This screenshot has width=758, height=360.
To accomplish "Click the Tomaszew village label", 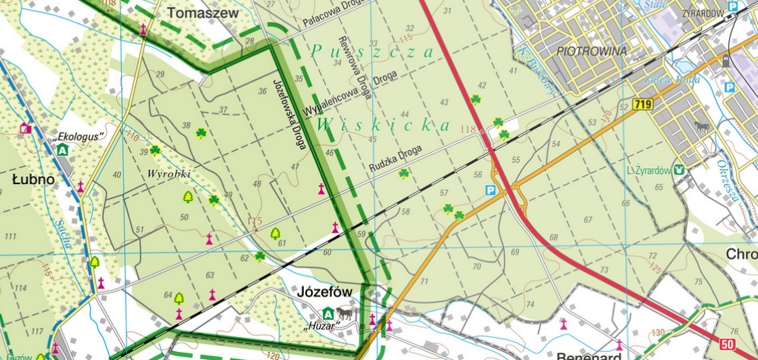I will tap(203, 13).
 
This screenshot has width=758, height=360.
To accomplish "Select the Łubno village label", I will tap(33, 180).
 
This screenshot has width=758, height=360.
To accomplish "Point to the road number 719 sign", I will tap(643, 105).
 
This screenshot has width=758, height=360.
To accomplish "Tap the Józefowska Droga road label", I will tap(289, 115).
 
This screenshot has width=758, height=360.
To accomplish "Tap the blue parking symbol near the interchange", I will tap(489, 190).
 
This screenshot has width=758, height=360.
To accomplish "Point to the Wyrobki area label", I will tap(169, 173).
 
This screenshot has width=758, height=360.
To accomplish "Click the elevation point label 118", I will tap(467, 130).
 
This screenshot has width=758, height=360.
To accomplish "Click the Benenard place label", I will tap(589, 355).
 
